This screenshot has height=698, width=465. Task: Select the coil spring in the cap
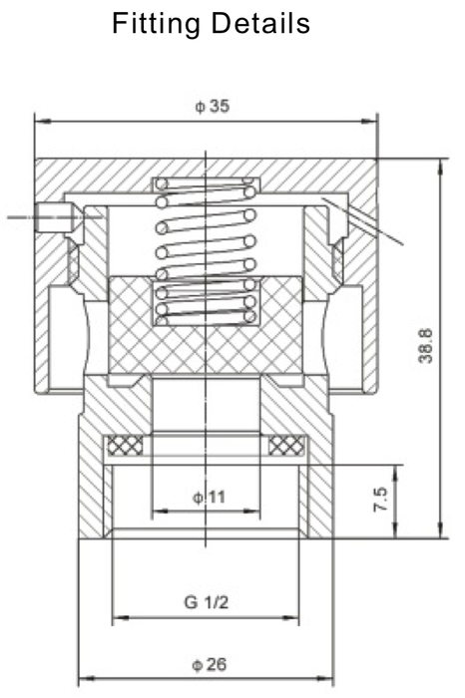pos(205,249)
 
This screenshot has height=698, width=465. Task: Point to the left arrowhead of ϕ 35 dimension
pos(40,122)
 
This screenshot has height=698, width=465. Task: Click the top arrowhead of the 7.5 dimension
pos(398,470)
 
